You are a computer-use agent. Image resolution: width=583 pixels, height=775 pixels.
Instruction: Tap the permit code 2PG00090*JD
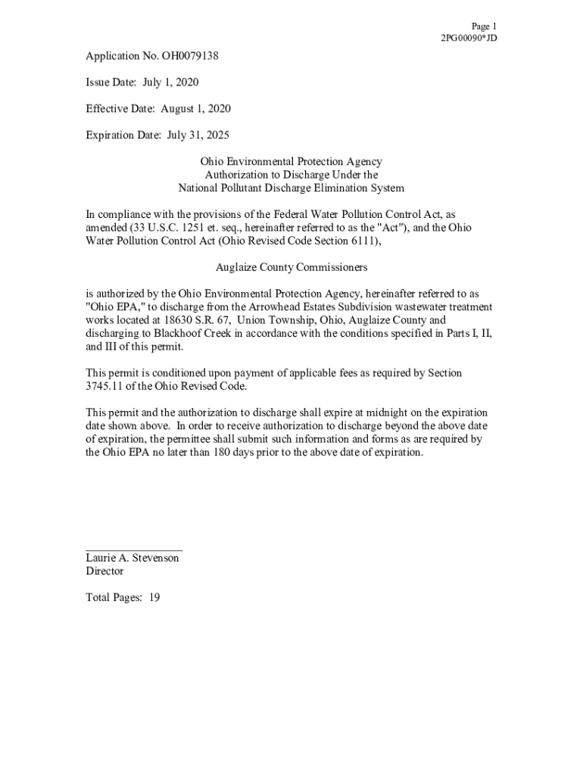(x=469, y=39)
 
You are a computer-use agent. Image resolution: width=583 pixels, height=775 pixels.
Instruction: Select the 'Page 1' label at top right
(x=484, y=26)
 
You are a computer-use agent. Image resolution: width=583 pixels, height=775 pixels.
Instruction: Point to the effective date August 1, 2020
(x=195, y=109)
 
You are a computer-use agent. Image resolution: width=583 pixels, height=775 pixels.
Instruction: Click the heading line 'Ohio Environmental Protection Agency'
(x=291, y=162)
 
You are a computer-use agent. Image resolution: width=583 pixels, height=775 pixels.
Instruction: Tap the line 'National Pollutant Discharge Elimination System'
(x=291, y=188)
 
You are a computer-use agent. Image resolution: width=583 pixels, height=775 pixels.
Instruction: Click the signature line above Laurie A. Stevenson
(x=133, y=550)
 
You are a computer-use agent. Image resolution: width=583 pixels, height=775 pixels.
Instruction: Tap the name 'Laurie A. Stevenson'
(x=132, y=558)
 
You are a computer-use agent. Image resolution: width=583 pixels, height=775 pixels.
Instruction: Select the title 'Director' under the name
(x=104, y=571)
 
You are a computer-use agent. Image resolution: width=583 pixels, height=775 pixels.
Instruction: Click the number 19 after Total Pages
(x=154, y=598)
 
